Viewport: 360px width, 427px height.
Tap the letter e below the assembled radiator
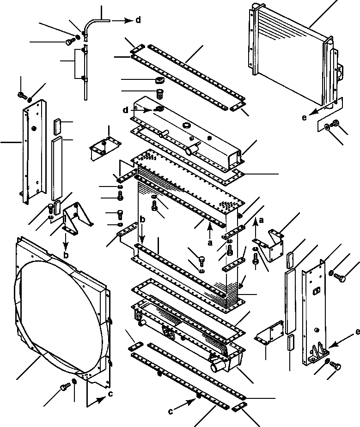[x=304, y=118]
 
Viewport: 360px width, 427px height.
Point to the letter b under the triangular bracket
[x=66, y=254]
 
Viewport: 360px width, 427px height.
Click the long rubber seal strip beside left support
[x=56, y=168]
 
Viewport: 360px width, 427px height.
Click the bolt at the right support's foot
[x=336, y=366]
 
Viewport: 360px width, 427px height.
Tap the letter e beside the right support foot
[x=357, y=331]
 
